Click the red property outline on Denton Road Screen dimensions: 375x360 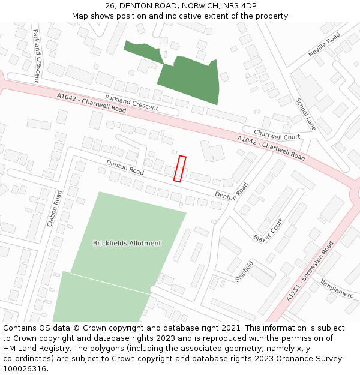coord(179,169)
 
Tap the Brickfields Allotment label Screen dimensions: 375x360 coord(127,243)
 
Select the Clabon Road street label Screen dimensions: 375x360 coord(55,208)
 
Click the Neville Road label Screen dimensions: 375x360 coord(324,45)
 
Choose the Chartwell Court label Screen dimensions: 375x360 coord(277,134)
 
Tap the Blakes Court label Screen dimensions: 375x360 coord(268,230)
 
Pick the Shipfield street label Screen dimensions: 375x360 coord(244,271)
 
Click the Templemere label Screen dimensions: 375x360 coord(336,288)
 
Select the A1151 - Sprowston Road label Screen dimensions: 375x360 coord(310,271)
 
